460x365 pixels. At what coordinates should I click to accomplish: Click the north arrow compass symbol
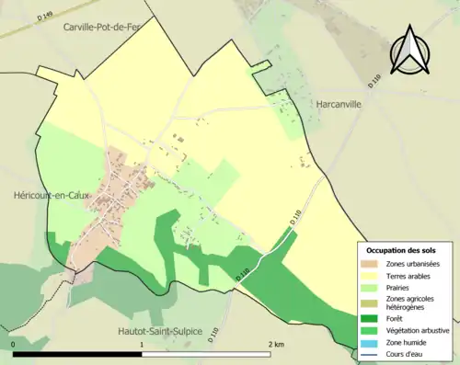410,50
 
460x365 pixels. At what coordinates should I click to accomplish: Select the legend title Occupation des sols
401,249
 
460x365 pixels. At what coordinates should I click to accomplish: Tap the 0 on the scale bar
13,344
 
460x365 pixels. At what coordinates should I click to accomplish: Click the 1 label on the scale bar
141,344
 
